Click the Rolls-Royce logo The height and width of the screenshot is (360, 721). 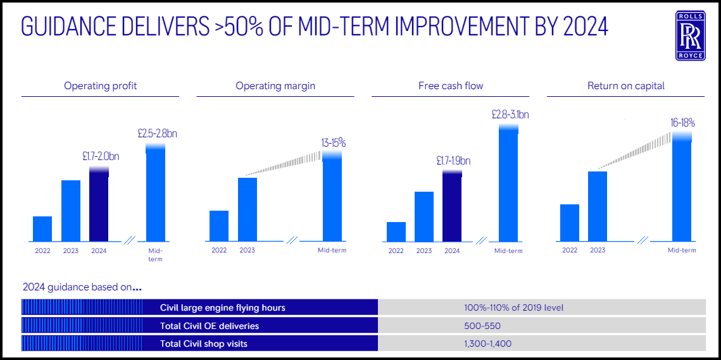click(x=689, y=36)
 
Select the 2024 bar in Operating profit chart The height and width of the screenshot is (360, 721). click(x=99, y=206)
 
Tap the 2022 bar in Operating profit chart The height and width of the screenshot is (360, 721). click(x=42, y=229)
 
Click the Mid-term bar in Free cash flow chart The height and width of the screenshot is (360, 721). click(x=508, y=183)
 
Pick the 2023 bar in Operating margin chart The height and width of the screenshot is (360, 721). click(x=248, y=209)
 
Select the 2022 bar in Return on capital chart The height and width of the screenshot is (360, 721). click(x=570, y=223)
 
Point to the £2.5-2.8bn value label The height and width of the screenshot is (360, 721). click(x=158, y=134)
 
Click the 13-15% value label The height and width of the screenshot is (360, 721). click(x=333, y=143)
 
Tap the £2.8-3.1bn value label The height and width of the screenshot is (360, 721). click(x=510, y=115)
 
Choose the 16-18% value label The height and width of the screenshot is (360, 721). click(x=683, y=123)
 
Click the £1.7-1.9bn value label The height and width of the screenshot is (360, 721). click(x=453, y=161)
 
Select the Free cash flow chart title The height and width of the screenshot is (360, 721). click(x=451, y=85)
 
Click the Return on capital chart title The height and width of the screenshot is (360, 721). click(x=625, y=85)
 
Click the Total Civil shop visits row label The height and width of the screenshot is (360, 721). click(x=203, y=344)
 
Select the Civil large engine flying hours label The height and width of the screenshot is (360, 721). click(x=222, y=307)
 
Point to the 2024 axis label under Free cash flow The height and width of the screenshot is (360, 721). click(x=452, y=251)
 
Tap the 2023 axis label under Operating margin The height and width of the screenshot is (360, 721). click(x=248, y=251)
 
